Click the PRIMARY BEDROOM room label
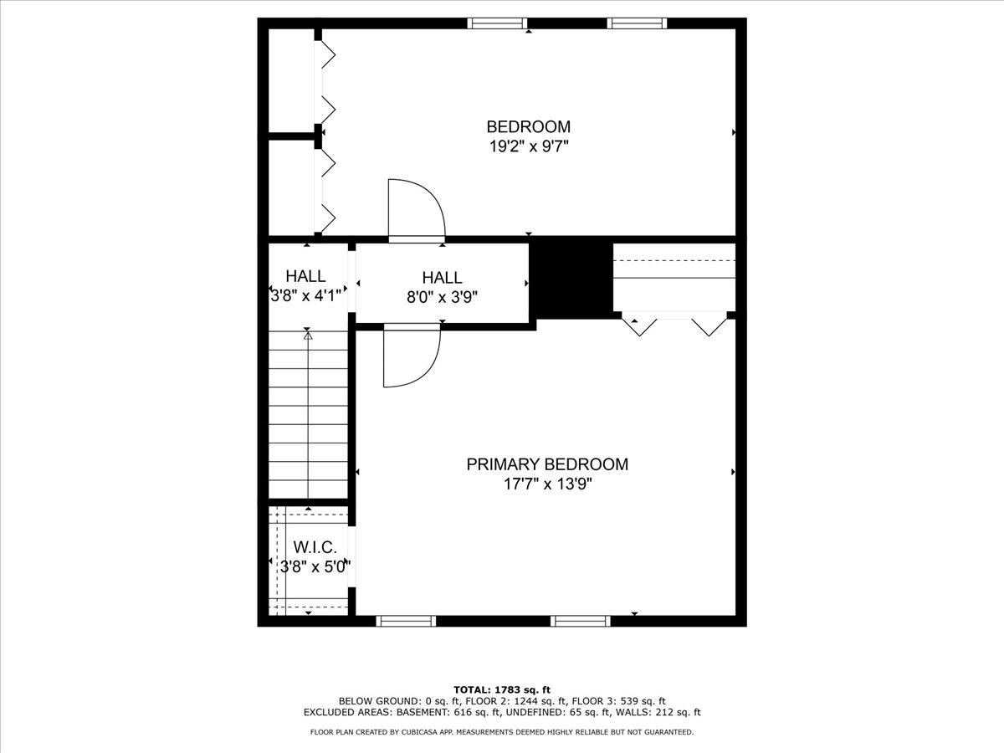(547, 464)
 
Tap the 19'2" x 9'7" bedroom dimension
(529, 146)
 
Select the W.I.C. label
(315, 547)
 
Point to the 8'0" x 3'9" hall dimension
(442, 298)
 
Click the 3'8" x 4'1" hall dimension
(306, 296)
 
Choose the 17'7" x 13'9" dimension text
(547, 484)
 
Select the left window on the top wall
(497, 23)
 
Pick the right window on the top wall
(637, 23)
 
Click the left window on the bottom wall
(406, 621)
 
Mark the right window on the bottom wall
(581, 621)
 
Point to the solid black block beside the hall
(571, 278)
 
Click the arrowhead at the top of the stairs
(308, 336)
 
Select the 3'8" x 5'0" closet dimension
(315, 567)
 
